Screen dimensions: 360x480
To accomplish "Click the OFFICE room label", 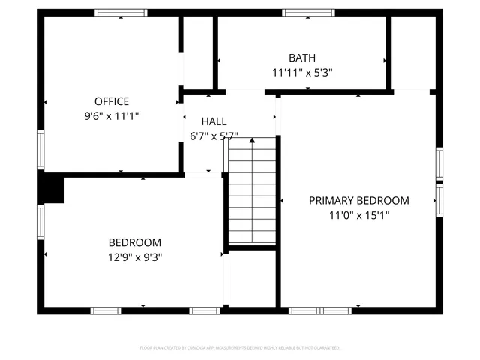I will tap(112, 101).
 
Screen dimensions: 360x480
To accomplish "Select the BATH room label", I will tap(302, 58).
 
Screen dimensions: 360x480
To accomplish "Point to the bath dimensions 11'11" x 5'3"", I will tap(302, 73).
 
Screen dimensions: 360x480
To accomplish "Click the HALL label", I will tap(214, 121).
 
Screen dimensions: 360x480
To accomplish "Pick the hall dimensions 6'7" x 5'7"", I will tap(214, 136).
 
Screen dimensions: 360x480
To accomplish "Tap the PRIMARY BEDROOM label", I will tap(359, 200).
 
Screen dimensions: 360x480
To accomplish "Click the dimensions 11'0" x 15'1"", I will tap(359, 215).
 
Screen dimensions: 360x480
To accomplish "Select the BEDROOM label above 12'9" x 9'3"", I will tap(135, 242).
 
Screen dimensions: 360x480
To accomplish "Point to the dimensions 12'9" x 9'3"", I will tap(135, 256).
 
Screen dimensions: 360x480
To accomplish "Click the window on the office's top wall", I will tap(121, 12).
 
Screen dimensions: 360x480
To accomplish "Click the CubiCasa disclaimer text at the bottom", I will tap(240, 348).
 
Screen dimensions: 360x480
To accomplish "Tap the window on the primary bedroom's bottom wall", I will tap(321, 310).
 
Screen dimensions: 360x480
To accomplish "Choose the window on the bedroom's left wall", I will tap(41, 222).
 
